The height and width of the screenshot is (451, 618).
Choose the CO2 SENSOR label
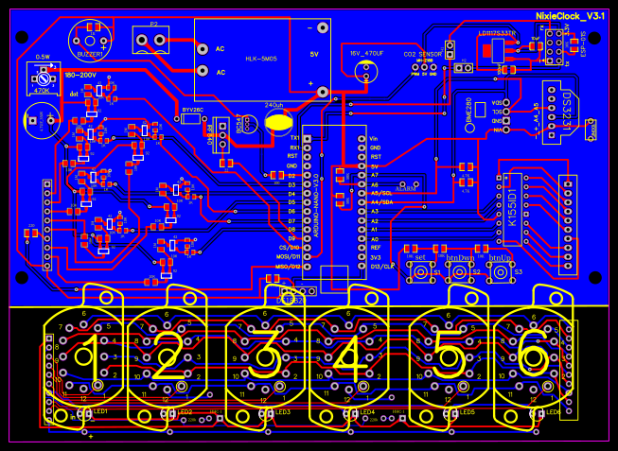tap(422, 55)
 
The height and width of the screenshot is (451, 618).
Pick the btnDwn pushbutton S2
tap(460, 272)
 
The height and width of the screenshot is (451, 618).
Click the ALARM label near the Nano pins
tap(406, 188)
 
